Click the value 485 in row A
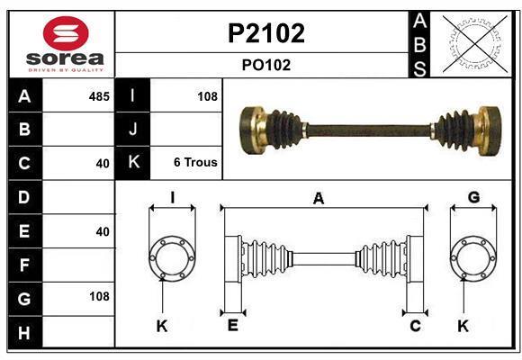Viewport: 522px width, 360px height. coord(99,96)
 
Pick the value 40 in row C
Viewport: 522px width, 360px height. coord(103,164)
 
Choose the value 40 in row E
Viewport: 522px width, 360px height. coord(103,231)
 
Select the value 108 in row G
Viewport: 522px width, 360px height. coord(99,296)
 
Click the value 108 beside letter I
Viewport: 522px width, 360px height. coord(207,96)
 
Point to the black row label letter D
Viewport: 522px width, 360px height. coord(24,196)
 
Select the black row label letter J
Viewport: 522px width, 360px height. coord(133,130)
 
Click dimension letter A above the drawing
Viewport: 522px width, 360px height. coord(318,200)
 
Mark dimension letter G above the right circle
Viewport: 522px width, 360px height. coord(473,198)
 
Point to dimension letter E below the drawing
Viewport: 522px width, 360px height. coord(232,326)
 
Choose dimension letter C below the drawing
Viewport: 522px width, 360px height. coord(415,326)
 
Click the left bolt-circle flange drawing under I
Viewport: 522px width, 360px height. coord(171,258)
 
